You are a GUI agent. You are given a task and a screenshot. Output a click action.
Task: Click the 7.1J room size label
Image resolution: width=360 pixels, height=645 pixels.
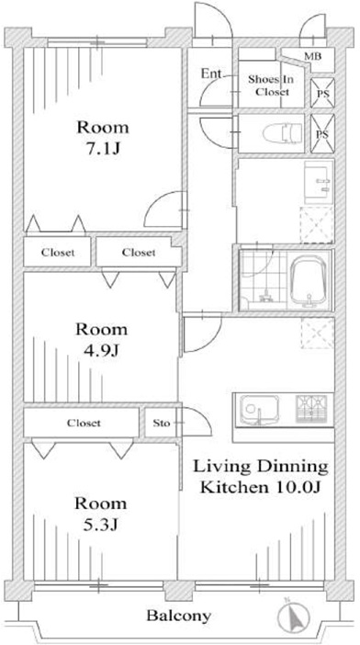[x=103, y=148]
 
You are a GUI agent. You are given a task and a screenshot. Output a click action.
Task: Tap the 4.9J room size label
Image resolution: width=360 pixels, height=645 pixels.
[x=102, y=350]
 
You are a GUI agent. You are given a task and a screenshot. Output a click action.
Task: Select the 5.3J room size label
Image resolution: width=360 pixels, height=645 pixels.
[x=101, y=525]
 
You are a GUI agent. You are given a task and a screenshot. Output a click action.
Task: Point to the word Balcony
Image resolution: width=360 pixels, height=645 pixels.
[x=179, y=616]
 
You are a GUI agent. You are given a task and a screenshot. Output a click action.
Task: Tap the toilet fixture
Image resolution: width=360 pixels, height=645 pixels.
[x=282, y=134]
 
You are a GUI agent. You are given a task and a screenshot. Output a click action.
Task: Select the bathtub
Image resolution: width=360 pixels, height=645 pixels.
[x=309, y=282]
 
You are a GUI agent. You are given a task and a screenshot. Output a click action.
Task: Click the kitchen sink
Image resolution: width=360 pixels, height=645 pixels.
[x=259, y=410]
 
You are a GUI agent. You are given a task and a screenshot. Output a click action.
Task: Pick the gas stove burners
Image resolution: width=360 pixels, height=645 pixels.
[x=311, y=409]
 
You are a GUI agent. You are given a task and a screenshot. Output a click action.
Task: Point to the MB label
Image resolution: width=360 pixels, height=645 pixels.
[x=313, y=56]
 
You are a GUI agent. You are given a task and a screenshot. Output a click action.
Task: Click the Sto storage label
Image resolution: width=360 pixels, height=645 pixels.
[x=161, y=423]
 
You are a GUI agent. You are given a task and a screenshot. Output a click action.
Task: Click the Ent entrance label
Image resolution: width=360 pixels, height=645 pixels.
[x=211, y=74]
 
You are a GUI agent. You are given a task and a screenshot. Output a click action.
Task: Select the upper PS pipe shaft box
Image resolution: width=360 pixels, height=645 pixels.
[x=322, y=93]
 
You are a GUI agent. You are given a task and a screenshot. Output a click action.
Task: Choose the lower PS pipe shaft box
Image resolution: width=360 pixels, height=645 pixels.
[x=322, y=134]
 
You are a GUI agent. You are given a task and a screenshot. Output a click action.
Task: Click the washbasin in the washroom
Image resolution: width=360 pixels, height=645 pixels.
[x=319, y=182]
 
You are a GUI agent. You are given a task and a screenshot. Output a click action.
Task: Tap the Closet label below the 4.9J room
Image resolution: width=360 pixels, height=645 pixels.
[x=84, y=423]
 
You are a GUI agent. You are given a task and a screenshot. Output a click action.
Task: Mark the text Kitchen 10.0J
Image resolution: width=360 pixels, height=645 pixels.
[x=260, y=488]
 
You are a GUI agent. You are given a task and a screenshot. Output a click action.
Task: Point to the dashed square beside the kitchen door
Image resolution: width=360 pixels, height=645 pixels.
[x=318, y=334]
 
